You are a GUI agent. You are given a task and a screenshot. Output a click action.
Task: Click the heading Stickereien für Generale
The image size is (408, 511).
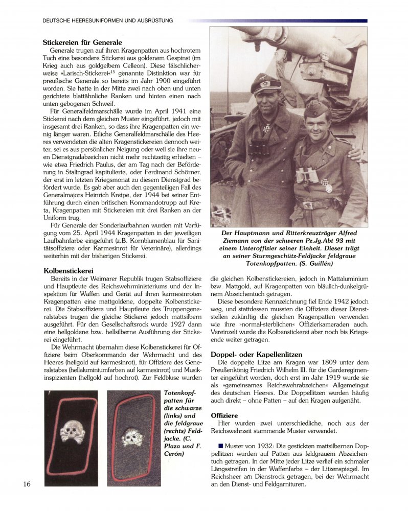(82, 42)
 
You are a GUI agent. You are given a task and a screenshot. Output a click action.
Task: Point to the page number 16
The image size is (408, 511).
(27, 484)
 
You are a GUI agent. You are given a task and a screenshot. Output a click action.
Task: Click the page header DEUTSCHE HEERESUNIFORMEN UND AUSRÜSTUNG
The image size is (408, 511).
(108, 20)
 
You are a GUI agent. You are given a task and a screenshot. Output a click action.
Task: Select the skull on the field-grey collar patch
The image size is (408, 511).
(132, 436)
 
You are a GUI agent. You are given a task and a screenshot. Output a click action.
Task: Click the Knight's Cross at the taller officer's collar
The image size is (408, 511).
(266, 127)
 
